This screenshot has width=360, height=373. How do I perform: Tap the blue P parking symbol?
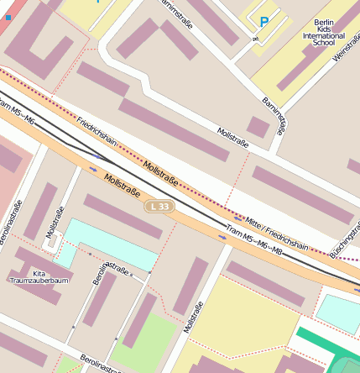[x=264, y=23]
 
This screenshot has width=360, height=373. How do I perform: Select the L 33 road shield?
[x=159, y=206]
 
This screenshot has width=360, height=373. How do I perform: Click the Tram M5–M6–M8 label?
[x=253, y=241]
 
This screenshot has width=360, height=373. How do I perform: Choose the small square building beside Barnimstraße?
[x=258, y=127]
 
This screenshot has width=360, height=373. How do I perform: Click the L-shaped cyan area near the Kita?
[x=101, y=244]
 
